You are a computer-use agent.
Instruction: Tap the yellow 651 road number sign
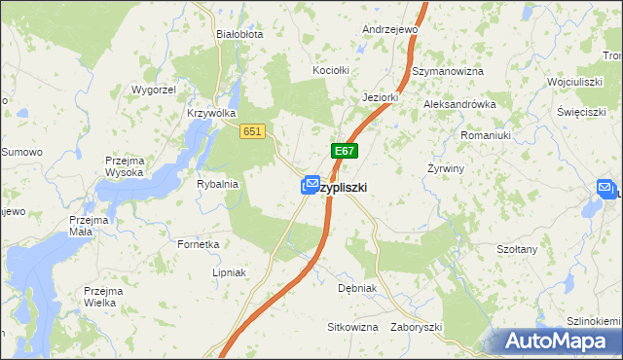pos(252,131)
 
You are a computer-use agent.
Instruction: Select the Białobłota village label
pos(239,33)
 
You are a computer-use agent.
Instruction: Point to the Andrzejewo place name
pos(389,29)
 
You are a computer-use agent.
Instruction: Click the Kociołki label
pos(330,71)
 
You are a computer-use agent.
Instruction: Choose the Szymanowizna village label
pos(448,71)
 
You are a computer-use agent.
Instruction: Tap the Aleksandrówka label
pos(459,103)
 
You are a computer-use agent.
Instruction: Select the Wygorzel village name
pos(153,90)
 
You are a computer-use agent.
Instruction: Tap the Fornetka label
pos(198,244)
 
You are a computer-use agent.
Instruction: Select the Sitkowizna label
pos(352,327)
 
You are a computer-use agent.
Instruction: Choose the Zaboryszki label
pos(417,327)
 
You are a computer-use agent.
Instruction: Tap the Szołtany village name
pos(517,249)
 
